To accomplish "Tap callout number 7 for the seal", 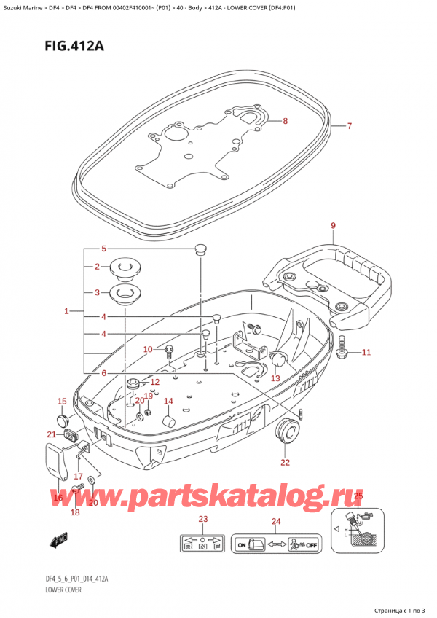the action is point(349,127).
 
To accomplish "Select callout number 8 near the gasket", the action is point(286,121).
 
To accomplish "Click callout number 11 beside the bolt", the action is point(366,353).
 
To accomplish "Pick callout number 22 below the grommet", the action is point(285,463).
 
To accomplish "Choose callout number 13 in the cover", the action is point(275,378).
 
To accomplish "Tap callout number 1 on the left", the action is point(66,312).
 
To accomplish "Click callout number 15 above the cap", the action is point(62,401).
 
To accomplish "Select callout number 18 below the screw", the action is point(74,512).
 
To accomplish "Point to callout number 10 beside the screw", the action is point(148,350).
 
